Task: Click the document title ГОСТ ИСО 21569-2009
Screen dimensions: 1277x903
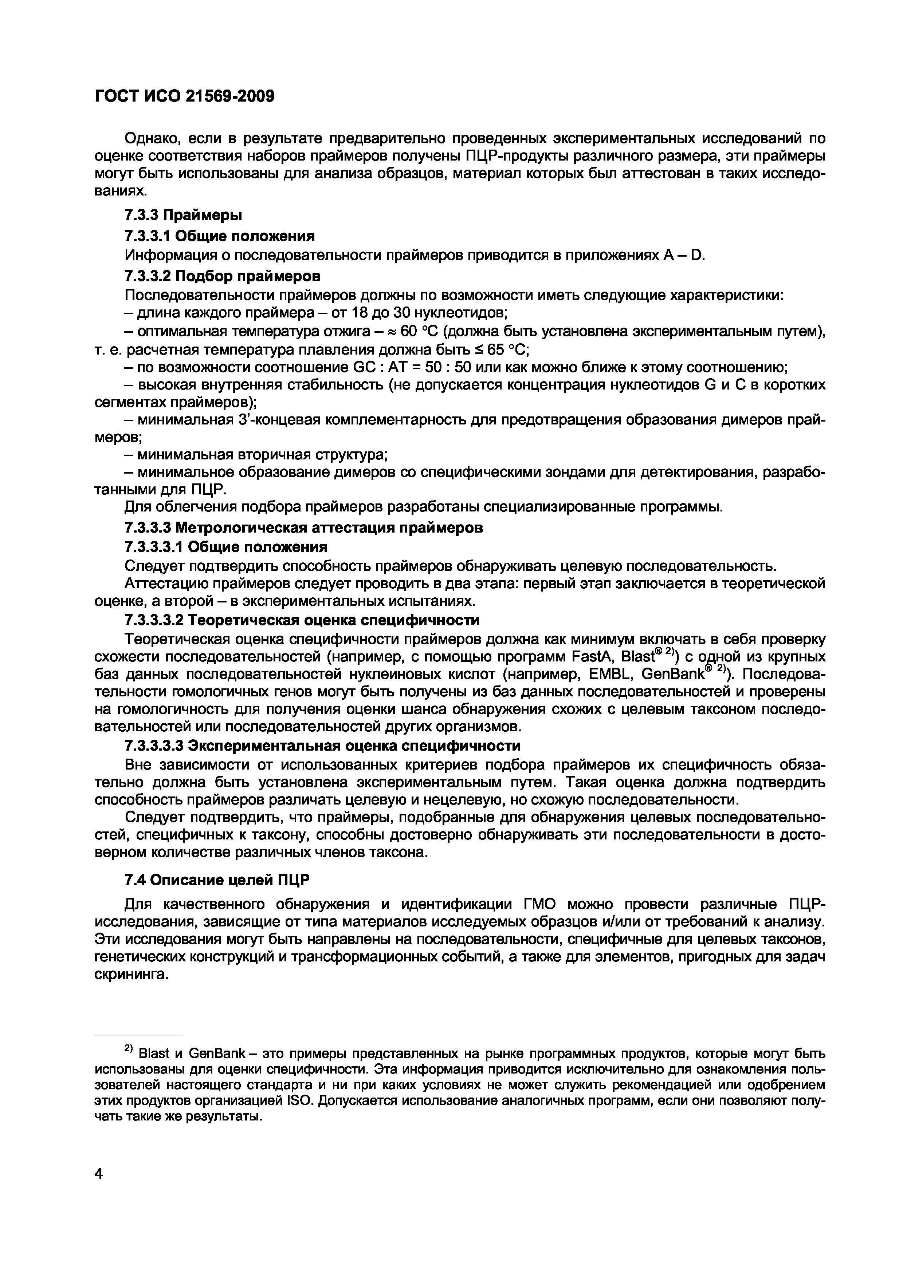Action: (x=185, y=97)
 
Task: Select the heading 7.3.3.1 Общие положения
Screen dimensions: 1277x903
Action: (x=219, y=236)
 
